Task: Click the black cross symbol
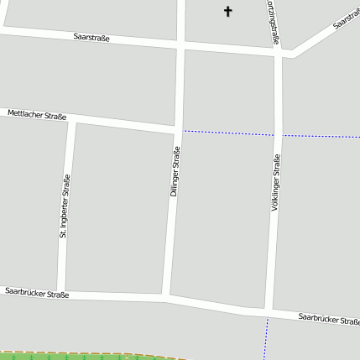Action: [x=227, y=11]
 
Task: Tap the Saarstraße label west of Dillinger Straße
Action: [x=91, y=38]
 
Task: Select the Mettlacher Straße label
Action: [x=37, y=115]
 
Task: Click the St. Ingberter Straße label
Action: [x=64, y=206]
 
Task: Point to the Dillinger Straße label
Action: [x=175, y=173]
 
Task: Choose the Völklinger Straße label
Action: [x=275, y=182]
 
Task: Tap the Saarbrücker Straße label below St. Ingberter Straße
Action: [x=37, y=293]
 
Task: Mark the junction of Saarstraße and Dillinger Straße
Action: [x=180, y=45]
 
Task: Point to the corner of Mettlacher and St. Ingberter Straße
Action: [x=71, y=119]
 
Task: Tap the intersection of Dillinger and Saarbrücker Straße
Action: [x=166, y=297]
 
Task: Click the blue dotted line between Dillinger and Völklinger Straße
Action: [x=227, y=133]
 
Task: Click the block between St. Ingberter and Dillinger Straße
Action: [x=117, y=210]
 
